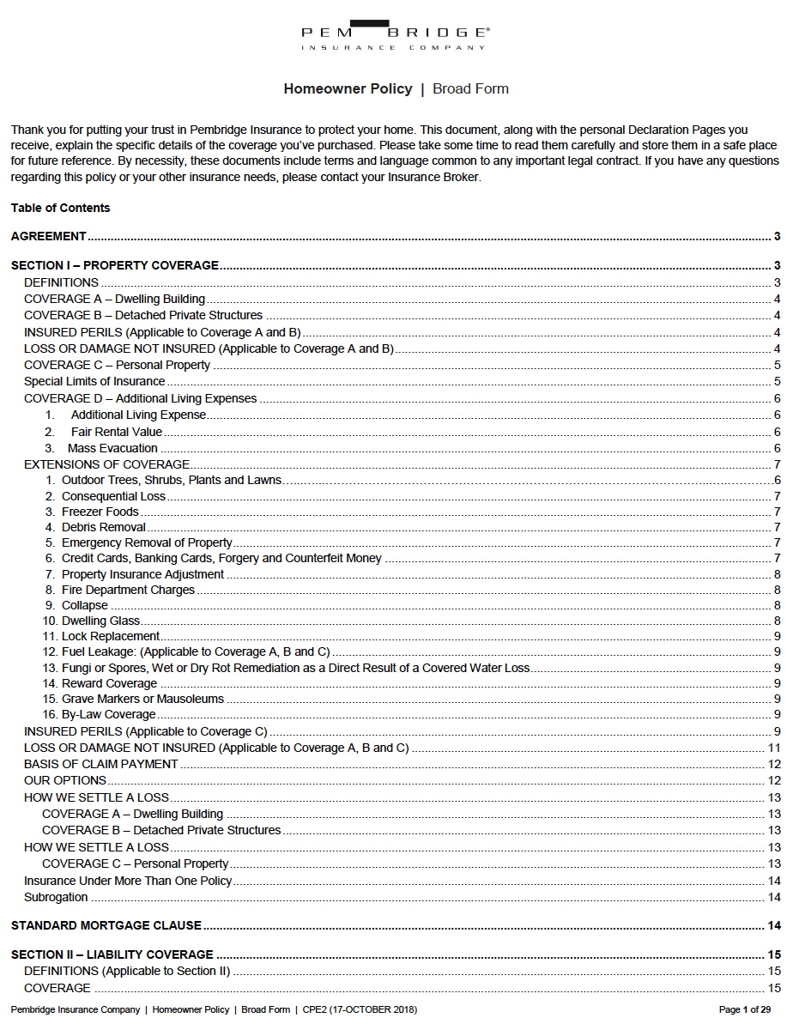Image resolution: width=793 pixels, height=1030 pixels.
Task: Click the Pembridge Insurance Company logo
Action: point(396,36)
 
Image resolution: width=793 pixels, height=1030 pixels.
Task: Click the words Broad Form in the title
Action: point(470,89)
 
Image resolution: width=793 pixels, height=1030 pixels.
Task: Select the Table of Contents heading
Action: point(61,208)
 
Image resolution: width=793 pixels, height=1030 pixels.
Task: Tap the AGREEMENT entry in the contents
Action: point(49,237)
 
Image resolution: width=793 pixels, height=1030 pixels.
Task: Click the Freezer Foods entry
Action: point(100,512)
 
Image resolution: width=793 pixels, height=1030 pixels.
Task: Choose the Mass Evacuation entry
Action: point(112,448)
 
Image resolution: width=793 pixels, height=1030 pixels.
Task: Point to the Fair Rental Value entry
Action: point(116,432)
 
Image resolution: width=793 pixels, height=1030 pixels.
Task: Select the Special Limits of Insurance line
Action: point(94,381)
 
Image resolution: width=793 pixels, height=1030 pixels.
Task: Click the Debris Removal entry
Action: point(103,527)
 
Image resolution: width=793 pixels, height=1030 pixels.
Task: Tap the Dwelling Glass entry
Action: point(100,621)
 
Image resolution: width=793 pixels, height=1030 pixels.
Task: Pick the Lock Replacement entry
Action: point(110,636)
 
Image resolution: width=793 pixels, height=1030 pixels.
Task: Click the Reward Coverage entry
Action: point(109,683)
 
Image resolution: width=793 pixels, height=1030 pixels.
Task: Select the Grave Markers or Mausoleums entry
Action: point(142,699)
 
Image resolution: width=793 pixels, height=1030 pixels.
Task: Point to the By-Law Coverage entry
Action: point(108,714)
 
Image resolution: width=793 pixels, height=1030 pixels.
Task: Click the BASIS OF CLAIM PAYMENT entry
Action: point(101,764)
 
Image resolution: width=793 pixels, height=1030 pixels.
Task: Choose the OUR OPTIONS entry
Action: point(65,780)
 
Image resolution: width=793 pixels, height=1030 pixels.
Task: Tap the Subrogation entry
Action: point(56,897)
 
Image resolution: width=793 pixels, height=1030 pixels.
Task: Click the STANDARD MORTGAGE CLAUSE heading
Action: point(106,925)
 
